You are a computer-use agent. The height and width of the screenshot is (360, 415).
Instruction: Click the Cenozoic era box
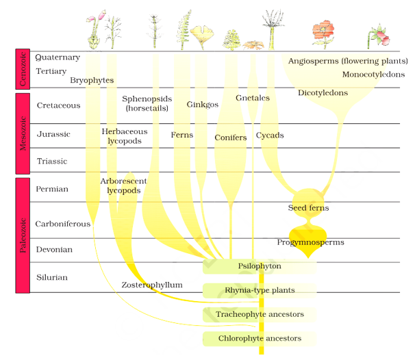[23, 69]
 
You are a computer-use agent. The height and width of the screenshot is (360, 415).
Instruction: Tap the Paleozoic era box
[23, 235]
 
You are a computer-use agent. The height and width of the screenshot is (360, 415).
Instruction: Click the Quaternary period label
[58, 57]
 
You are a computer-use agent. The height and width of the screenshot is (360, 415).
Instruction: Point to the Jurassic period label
[53, 134]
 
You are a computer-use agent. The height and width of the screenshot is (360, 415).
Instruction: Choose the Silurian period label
[53, 277]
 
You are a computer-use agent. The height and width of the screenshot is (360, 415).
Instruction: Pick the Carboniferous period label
[63, 224]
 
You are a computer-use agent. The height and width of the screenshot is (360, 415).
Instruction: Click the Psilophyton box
[260, 266]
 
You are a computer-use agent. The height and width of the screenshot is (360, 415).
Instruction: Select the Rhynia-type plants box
[260, 290]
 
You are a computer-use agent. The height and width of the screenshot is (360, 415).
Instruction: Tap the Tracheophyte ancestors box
[260, 314]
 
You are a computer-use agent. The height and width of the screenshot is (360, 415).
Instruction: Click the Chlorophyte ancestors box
[260, 338]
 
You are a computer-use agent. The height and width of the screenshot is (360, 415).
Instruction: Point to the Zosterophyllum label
[152, 285]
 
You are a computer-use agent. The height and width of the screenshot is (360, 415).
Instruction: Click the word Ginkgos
[203, 105]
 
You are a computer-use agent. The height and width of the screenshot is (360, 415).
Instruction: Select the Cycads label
[270, 136]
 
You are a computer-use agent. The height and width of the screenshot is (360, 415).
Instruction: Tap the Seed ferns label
[308, 207]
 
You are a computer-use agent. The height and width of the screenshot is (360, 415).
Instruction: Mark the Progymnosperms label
[310, 242]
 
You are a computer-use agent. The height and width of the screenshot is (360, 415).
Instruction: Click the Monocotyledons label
[373, 75]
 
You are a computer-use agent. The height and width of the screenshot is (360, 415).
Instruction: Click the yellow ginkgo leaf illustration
[202, 35]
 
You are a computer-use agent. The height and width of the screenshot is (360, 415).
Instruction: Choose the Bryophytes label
[92, 80]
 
